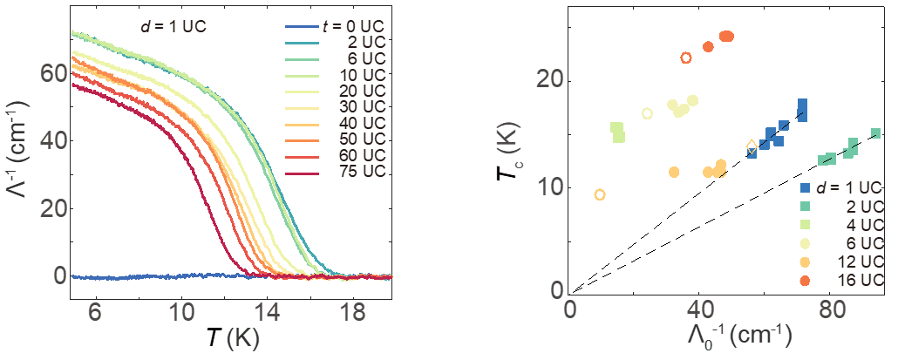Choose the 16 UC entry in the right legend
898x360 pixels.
point(858,281)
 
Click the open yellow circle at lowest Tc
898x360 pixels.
point(599,194)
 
